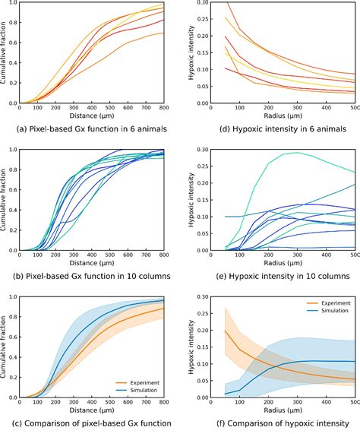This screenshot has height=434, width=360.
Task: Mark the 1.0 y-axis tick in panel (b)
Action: tap(21, 150)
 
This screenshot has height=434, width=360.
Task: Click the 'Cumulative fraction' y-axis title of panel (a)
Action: tap(6, 52)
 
